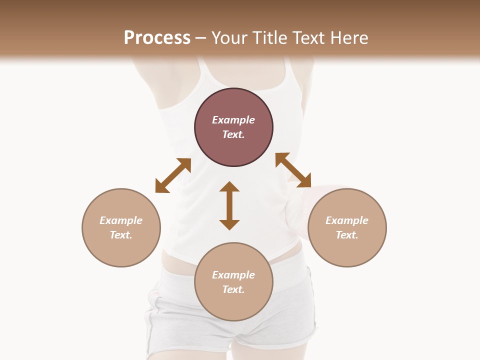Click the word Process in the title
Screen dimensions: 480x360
tap(157, 38)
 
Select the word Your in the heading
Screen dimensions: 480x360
tap(230, 38)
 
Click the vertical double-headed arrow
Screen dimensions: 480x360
tap(229, 205)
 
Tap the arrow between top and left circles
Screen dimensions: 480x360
tap(173, 175)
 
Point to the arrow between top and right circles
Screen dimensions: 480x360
tap(293, 170)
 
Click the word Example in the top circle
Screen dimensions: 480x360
tap(233, 120)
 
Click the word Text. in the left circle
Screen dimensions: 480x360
tap(121, 235)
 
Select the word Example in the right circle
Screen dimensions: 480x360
tap(347, 220)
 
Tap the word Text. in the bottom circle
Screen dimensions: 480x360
tap(233, 289)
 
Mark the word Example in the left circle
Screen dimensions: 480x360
tap(121, 220)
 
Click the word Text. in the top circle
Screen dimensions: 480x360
tap(233, 134)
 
